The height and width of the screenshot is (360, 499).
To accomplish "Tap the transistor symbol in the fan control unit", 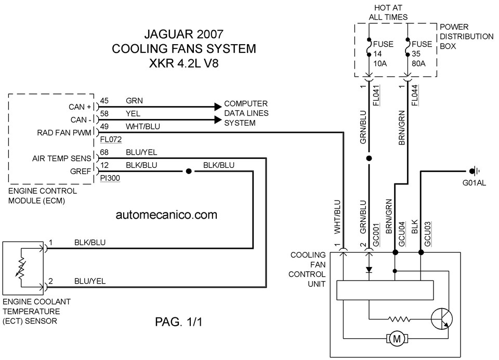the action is pyautogui.click(x=442, y=318).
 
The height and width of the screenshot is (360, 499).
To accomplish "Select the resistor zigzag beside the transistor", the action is pyautogui.click(x=399, y=318).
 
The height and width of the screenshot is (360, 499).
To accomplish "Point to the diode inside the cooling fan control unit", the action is pyautogui.click(x=369, y=270).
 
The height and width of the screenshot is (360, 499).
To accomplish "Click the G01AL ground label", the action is pyautogui.click(x=474, y=183).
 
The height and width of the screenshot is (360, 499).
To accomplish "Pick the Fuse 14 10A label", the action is pyautogui.click(x=383, y=54).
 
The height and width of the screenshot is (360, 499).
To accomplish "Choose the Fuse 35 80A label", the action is pyautogui.click(x=422, y=54).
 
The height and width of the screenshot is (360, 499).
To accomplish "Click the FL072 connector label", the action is pyautogui.click(x=111, y=139).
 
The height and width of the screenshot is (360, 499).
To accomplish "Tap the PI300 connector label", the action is pyautogui.click(x=110, y=178).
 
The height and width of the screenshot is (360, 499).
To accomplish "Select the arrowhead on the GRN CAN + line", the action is pyautogui.click(x=218, y=107).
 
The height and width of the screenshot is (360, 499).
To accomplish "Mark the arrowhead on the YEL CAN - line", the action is pyautogui.click(x=218, y=120).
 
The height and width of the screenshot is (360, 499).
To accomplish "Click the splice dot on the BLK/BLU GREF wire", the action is pyautogui.click(x=189, y=171).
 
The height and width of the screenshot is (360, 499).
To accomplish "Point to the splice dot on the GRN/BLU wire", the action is pyautogui.click(x=369, y=158).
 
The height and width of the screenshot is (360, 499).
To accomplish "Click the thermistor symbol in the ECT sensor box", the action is pyautogui.click(x=21, y=268).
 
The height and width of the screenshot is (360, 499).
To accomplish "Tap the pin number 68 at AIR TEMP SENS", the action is pyautogui.click(x=104, y=152).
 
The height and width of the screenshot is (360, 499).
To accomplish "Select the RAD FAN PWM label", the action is pyautogui.click(x=64, y=132).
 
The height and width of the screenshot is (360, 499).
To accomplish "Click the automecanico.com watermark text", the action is pyautogui.click(x=166, y=215).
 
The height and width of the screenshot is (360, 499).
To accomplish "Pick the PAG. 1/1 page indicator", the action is pyautogui.click(x=178, y=322).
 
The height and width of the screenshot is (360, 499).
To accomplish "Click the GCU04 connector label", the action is pyautogui.click(x=402, y=234).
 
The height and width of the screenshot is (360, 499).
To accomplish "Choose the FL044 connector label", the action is pyautogui.click(x=415, y=96).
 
